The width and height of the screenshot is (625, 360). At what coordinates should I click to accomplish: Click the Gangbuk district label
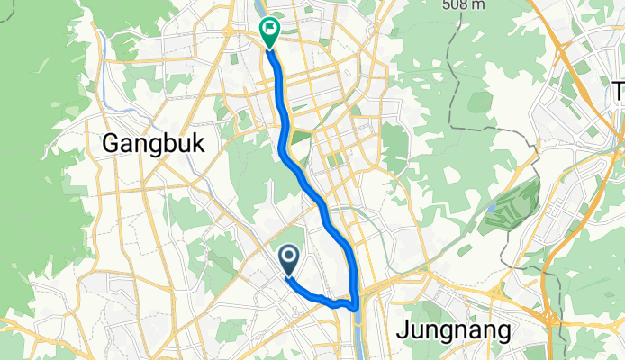click(x=154, y=143)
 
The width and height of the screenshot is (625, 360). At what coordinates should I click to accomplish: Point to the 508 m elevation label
click(x=466, y=5)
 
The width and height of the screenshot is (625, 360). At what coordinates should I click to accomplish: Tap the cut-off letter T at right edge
click(x=619, y=90)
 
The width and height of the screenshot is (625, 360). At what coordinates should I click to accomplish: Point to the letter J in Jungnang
click(x=403, y=328)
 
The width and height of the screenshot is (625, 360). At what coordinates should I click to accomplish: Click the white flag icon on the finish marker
click(x=270, y=29)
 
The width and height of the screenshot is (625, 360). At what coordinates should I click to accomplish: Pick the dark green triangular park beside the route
click(x=300, y=137)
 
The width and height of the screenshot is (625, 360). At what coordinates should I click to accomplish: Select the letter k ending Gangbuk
click(x=198, y=143)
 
